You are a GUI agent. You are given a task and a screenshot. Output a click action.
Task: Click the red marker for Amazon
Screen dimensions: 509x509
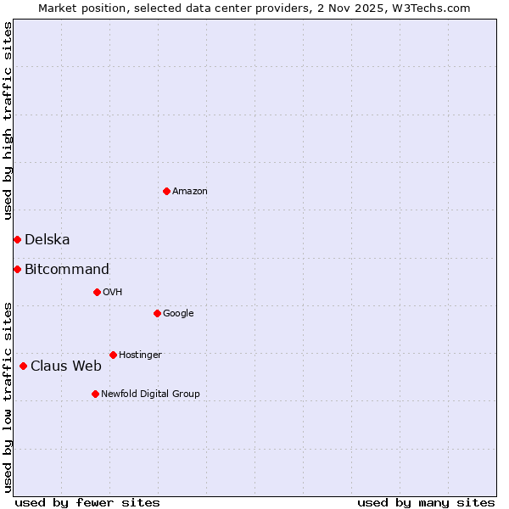coord(166,191)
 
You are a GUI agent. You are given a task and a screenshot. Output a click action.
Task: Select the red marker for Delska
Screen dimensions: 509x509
coord(17,239)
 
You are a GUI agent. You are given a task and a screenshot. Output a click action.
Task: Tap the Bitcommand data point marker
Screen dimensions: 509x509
coord(17,269)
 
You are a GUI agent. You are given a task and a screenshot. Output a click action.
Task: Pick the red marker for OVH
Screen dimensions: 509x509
coord(97,292)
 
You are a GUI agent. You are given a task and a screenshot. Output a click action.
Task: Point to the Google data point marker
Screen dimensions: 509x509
coord(157,313)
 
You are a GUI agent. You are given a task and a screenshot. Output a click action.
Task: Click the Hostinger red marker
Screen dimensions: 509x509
coord(113,355)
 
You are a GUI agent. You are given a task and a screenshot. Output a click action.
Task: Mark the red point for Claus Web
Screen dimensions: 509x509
coord(23,366)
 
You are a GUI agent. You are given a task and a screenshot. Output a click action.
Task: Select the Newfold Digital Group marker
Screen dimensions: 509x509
coord(95,394)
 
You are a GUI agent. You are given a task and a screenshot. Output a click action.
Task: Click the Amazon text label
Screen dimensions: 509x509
coord(190,192)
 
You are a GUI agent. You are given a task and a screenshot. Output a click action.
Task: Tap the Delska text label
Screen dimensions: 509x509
coord(48,240)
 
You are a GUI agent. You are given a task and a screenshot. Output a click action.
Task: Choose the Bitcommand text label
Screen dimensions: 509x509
coord(67,270)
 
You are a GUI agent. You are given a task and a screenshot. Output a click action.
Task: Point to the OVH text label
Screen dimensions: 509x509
coord(113,293)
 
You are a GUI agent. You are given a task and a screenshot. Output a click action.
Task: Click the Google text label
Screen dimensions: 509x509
coord(178,314)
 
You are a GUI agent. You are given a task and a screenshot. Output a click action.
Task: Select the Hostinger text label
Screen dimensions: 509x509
coord(140,355)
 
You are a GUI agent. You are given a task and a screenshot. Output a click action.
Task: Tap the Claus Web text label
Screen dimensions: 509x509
coord(66,366)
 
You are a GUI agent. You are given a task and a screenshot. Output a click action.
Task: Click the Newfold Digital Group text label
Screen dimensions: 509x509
coord(150,394)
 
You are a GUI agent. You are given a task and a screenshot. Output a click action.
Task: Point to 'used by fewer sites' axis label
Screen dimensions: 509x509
coord(87,502)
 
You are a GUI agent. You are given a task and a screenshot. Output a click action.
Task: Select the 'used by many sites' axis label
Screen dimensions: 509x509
coord(426,502)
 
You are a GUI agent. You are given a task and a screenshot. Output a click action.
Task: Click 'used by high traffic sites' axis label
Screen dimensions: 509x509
coord(8,120)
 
